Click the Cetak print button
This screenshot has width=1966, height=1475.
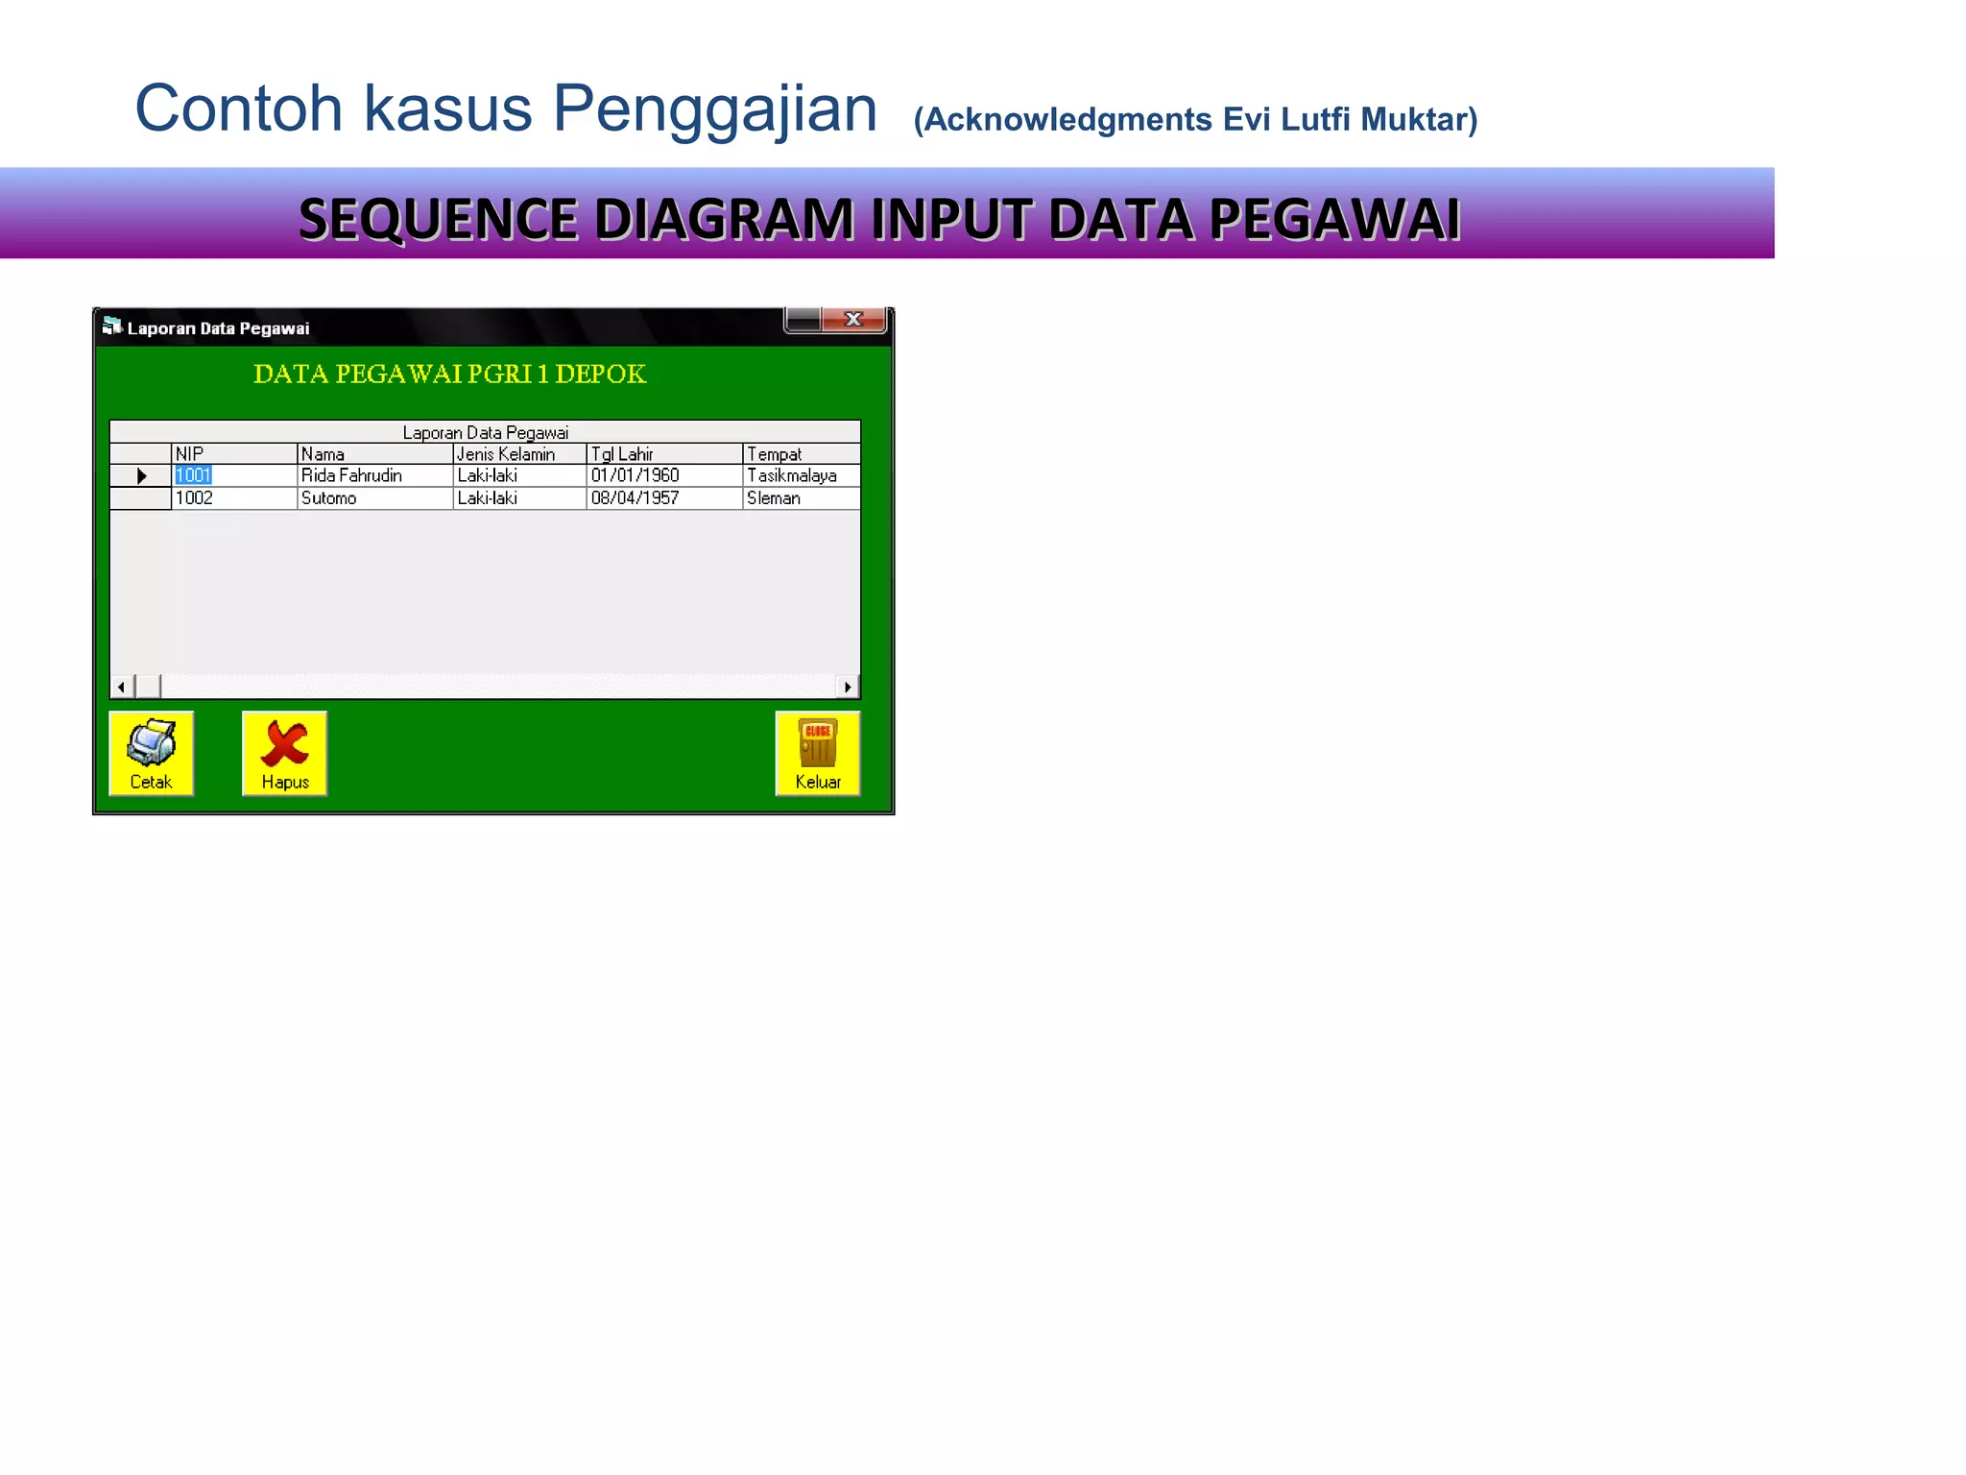point(151,754)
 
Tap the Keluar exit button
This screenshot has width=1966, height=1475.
point(817,754)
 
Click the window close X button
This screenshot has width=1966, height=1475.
point(853,320)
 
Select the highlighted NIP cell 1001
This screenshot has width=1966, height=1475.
point(193,475)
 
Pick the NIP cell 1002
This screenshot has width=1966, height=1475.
point(194,498)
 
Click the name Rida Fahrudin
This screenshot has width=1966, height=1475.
point(351,475)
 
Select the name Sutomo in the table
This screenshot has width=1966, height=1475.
point(328,498)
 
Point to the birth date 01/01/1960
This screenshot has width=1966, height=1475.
point(635,475)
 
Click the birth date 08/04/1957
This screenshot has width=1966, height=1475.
point(635,498)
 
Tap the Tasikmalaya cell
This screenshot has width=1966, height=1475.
point(791,475)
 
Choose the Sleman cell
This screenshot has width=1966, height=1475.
point(773,498)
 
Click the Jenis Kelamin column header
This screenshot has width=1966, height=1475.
point(506,454)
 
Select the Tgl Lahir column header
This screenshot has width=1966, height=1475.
point(622,454)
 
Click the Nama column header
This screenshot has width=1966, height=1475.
point(323,454)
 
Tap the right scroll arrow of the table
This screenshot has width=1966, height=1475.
point(848,687)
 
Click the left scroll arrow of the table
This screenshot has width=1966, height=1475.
point(121,687)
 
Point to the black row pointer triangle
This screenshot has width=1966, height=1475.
point(141,476)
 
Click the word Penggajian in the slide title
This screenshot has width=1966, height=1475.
point(714,109)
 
